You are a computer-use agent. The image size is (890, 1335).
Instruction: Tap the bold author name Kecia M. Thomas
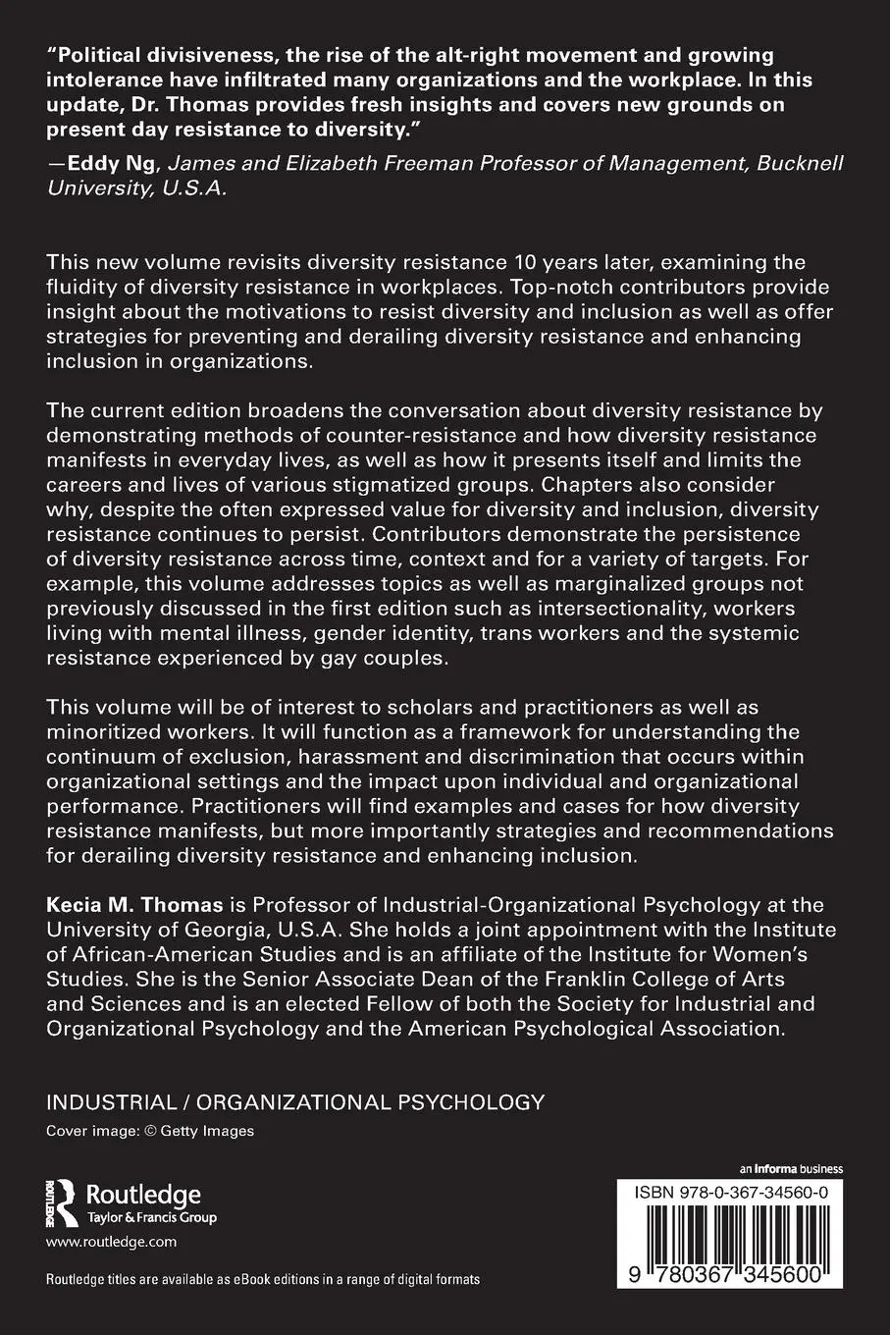click(134, 904)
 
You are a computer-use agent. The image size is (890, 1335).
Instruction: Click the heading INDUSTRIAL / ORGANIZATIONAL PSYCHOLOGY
click(295, 1101)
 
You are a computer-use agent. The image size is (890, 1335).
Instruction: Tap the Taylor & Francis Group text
click(152, 1217)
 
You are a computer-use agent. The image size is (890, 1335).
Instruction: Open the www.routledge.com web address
click(112, 1242)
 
